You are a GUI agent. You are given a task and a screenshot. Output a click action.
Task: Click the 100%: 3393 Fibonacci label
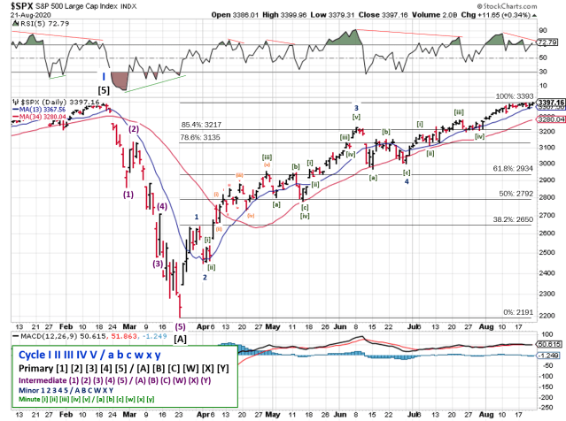[513, 96]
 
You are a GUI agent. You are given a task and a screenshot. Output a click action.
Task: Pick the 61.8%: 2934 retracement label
[513, 168]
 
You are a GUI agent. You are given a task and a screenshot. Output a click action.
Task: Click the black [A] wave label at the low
[180, 338]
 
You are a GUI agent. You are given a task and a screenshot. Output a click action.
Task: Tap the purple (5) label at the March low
[180, 325]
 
